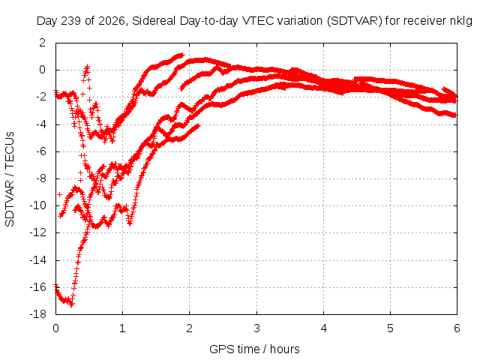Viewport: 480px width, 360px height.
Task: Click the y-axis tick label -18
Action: (38, 314)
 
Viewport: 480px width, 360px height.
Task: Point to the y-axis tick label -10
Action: (38, 205)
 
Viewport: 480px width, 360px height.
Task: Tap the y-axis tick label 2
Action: (42, 43)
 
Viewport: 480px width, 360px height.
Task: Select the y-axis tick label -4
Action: (40, 124)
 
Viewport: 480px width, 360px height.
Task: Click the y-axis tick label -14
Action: (38, 260)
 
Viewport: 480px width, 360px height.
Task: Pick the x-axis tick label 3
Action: (256, 328)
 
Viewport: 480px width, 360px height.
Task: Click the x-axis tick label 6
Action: (457, 328)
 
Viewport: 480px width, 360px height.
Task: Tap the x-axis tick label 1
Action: (122, 328)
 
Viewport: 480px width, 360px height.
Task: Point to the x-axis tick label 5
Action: (390, 328)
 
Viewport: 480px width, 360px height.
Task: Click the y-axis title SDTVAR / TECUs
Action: (10, 179)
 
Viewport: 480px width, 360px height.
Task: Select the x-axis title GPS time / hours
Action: (254, 349)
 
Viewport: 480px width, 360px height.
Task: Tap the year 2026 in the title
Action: (112, 21)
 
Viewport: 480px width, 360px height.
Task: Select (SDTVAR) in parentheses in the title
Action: (355, 21)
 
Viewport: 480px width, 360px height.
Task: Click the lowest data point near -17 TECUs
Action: (72, 304)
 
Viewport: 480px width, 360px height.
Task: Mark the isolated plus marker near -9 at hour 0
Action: (60, 194)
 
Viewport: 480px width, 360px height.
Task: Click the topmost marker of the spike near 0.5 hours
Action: (88, 66)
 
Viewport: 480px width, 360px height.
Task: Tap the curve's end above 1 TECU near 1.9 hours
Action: (183, 55)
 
